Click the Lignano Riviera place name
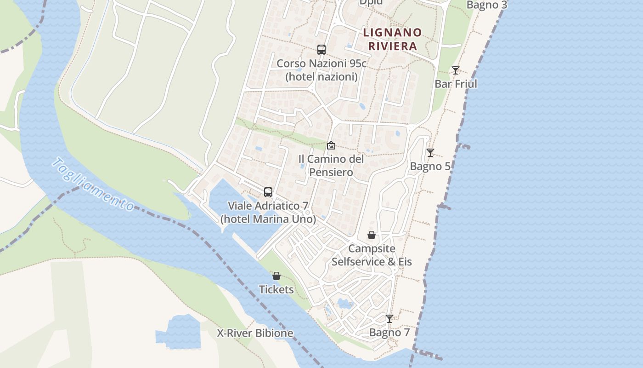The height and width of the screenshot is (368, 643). pos(392,39)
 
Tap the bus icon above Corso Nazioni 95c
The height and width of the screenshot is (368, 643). pos(321,50)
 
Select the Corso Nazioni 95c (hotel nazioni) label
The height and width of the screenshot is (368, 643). pos(321,70)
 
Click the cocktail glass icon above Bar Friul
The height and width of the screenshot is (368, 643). pos(455,70)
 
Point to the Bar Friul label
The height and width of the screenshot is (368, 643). pos(456,84)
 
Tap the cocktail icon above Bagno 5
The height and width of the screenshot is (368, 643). pos(430,153)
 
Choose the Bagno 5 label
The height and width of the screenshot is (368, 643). pos(430,166)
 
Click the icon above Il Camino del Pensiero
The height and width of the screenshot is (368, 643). pos(331,145)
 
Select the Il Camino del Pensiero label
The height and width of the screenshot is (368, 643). pos(331,166)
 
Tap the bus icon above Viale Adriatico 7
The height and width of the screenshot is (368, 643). pos(268,192)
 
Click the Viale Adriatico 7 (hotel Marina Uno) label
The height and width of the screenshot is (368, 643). pos(268,213)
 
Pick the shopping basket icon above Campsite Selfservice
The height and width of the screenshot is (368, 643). pos(372,235)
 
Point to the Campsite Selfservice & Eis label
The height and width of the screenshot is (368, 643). pos(372,255)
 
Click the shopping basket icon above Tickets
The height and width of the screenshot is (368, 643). pos(276,276)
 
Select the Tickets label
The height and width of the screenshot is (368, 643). pos(276,289)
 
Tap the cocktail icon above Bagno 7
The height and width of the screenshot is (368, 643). pos(389,318)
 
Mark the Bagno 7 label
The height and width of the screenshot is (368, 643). pos(389,332)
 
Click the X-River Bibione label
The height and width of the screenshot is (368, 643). pos(255,333)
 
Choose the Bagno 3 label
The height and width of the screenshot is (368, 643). pos(487,5)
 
